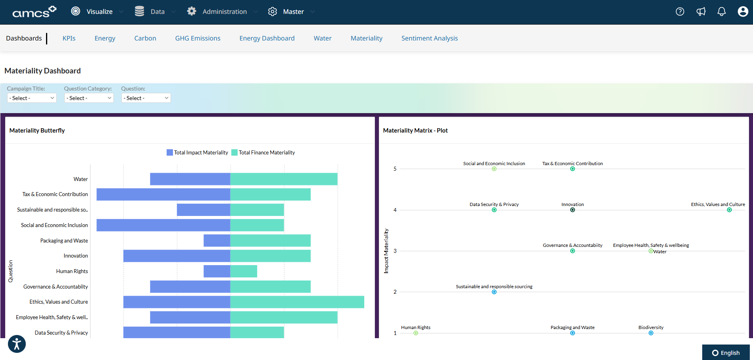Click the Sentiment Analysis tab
429,38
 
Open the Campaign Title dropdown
32,98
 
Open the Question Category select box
89,98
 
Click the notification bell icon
721,12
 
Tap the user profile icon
743,12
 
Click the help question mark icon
680,12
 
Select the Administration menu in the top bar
224,12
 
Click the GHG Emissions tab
198,38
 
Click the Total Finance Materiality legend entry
263,152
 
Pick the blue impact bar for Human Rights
217,271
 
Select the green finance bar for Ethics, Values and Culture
297,302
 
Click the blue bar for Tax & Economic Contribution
163,194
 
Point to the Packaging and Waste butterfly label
64,241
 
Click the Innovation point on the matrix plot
572,210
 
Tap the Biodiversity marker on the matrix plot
651,333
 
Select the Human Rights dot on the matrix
415,333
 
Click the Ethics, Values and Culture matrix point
729,210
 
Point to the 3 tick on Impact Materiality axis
395,251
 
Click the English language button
726,352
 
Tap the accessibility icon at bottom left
17,344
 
